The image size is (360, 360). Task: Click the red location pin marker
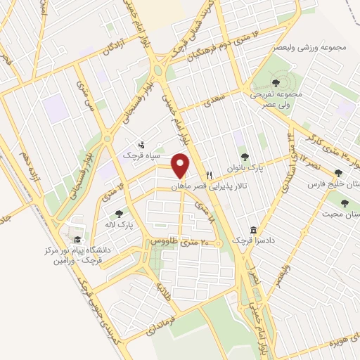click(x=181, y=166)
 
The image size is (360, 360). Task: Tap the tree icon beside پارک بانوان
click(x=244, y=157)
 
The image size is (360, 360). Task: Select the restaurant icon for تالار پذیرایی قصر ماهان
click(x=209, y=175)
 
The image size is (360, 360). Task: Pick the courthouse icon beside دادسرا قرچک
click(x=253, y=231)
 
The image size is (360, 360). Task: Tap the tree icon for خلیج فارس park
click(x=338, y=173)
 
